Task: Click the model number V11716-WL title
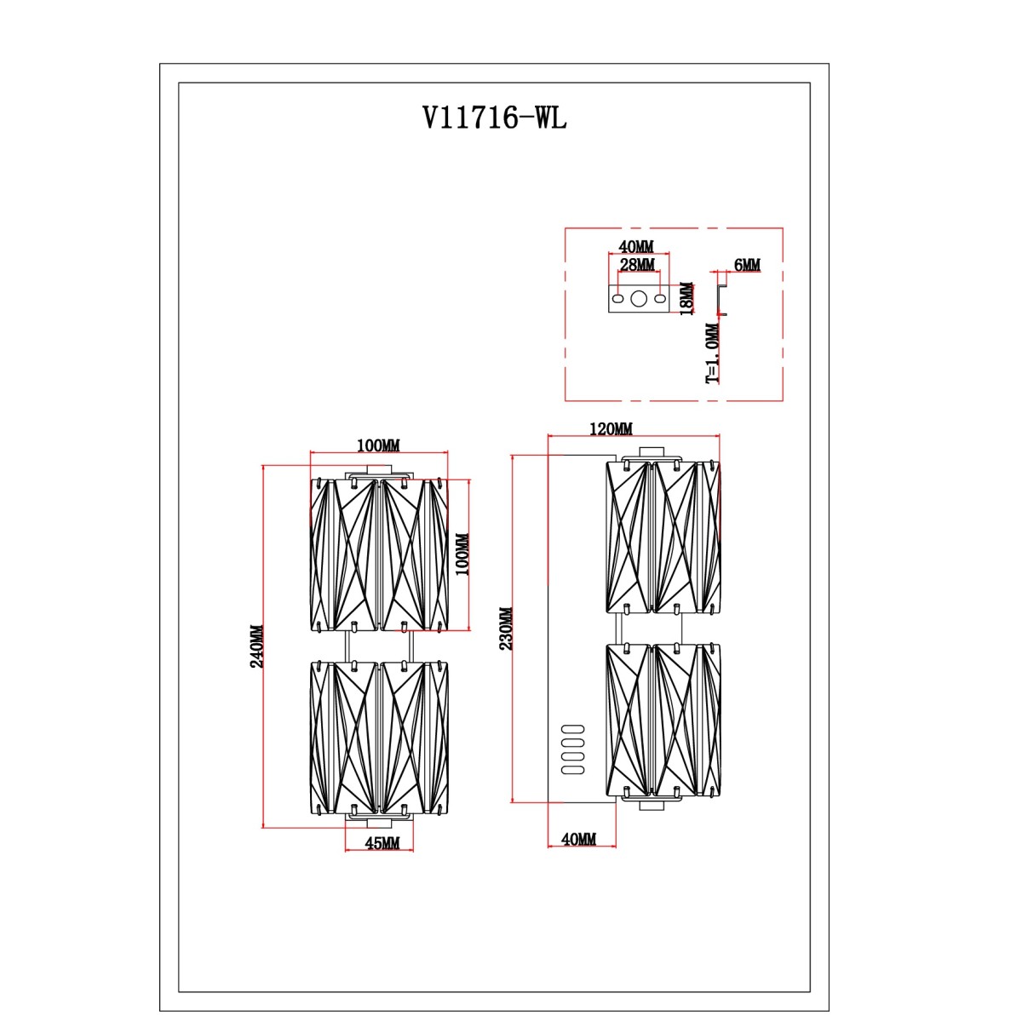(494, 118)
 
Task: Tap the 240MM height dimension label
(256, 646)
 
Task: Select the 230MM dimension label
(506, 629)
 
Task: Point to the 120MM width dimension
(611, 428)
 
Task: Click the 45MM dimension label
(382, 843)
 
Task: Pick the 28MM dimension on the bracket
(637, 264)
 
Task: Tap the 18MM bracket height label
(686, 299)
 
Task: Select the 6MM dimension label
(747, 264)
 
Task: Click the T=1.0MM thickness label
(714, 353)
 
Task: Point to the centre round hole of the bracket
(639, 299)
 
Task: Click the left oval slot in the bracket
(617, 299)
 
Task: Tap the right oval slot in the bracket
(660, 299)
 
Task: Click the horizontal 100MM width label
(378, 445)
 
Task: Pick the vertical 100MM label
(462, 554)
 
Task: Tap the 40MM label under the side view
(578, 839)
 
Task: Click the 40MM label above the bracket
(636, 247)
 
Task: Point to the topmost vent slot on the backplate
(573, 729)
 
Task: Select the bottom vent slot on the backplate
(573, 769)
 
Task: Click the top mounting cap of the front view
(379, 471)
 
